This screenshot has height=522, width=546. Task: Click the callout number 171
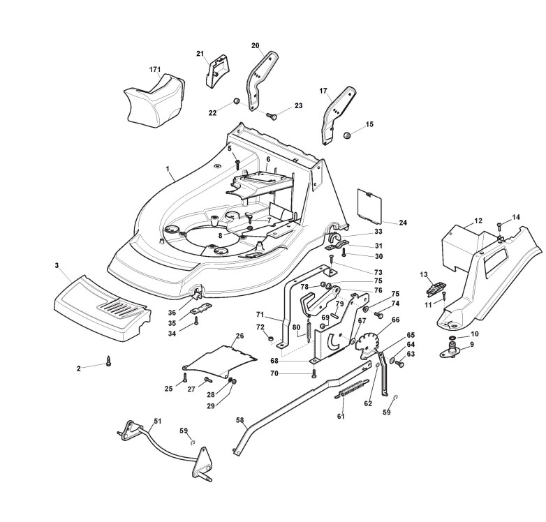point(155,69)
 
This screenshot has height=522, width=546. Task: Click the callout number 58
point(239,422)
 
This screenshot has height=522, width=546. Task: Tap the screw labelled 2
point(108,362)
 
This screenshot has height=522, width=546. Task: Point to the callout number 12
point(478,221)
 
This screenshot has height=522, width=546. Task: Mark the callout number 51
point(157,421)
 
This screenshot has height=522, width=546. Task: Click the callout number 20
point(256,45)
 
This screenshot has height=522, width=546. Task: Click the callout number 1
point(168,169)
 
